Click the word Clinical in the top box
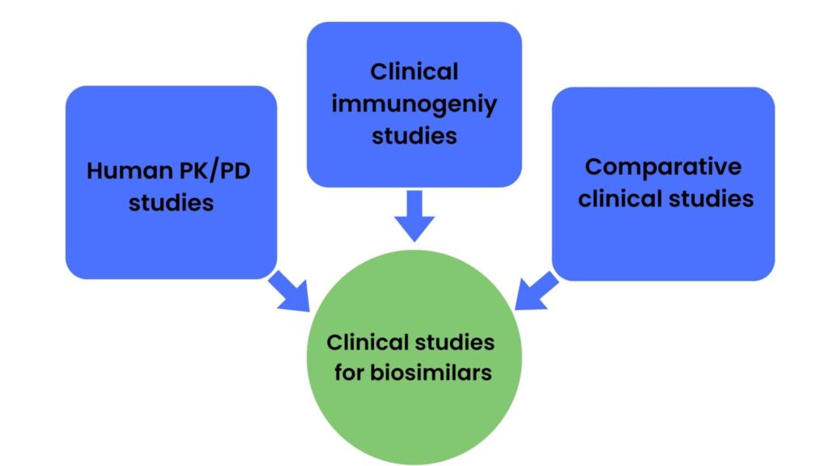414,72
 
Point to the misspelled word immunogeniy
414,104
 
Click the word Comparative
663,167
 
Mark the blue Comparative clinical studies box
663,243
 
